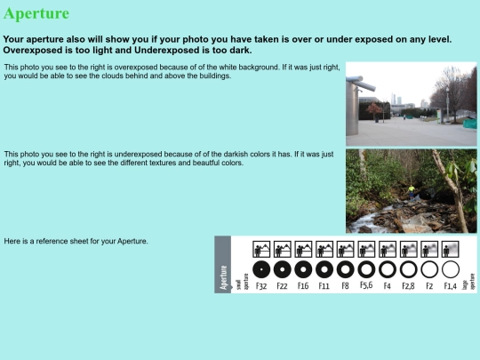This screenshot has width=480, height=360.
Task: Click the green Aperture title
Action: coord(36,13)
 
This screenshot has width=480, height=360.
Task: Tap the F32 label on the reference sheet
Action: coord(261,286)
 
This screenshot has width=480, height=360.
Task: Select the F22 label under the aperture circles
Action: coord(282,286)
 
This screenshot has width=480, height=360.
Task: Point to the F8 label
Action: coord(345,286)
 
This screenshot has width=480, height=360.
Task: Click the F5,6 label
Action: coord(366,285)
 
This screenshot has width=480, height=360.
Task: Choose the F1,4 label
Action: coord(450,286)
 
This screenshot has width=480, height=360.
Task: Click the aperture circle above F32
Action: coord(261,269)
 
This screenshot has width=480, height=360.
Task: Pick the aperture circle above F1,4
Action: coord(451,269)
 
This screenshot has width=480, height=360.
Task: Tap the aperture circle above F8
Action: coord(345,269)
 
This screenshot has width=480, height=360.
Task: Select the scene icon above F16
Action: coord(303,249)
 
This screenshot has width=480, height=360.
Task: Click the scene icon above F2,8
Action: coord(408,249)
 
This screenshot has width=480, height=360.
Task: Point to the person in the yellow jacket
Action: coord(412,193)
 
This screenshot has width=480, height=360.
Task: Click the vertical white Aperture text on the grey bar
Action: coord(223,277)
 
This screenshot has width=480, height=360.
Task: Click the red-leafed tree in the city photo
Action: coord(374,109)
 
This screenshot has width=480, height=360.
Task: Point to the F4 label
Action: coord(388,286)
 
